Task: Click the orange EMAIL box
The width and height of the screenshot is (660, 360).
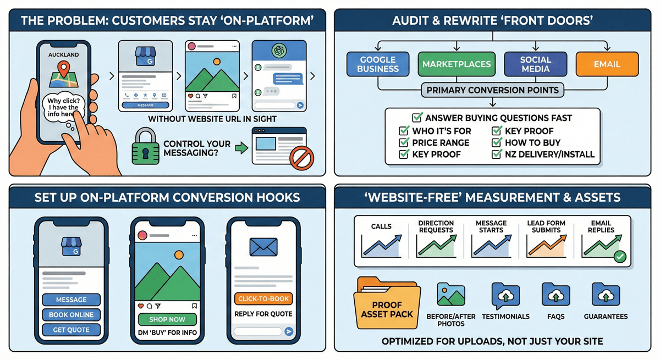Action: pos(607,64)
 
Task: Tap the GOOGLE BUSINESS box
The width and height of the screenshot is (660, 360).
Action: pos(378,64)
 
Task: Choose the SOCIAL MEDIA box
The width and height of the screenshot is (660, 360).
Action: pos(536,64)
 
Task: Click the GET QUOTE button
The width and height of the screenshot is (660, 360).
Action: pos(71,330)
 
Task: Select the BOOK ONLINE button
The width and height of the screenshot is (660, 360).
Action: pos(71,315)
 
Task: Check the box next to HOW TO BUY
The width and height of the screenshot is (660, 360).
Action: pos(496,143)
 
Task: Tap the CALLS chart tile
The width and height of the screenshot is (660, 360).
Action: pos(381,240)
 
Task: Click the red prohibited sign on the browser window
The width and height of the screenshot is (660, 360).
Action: pos(301,159)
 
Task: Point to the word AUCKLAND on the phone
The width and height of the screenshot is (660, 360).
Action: pos(64,55)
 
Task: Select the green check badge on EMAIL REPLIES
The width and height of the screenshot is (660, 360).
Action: pos(619,256)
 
